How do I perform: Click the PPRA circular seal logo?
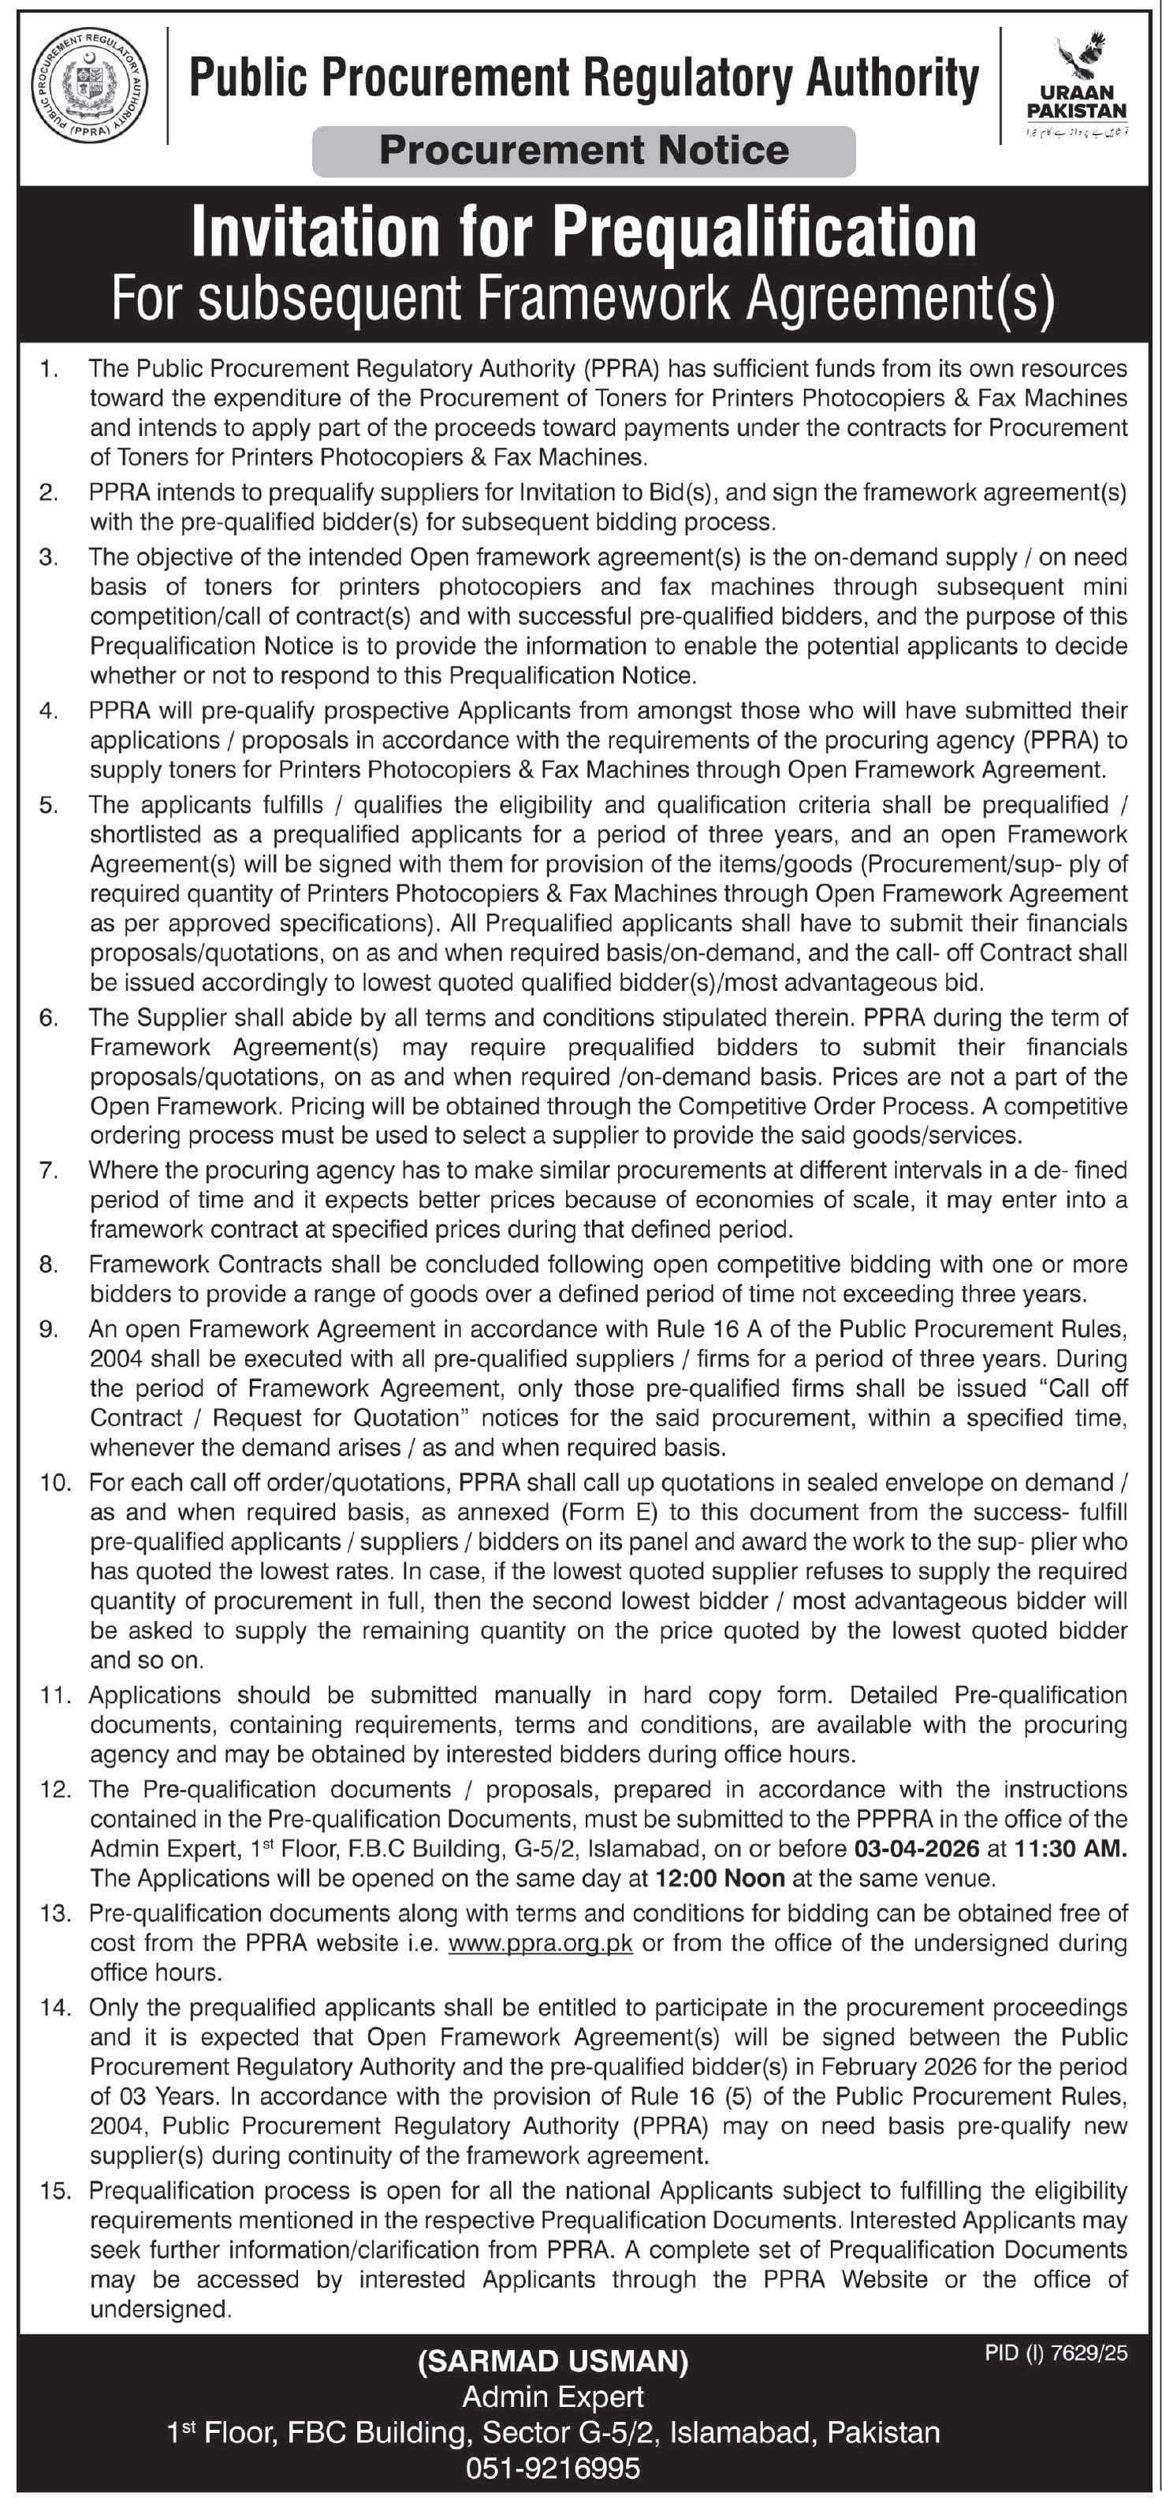[x=90, y=87]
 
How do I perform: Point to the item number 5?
[x=49, y=805]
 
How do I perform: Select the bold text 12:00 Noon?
[x=720, y=1877]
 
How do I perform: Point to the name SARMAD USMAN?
[x=553, y=2361]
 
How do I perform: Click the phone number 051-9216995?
[x=553, y=2468]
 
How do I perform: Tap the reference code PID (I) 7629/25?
[x=1056, y=2353]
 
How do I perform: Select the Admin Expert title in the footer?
[x=553, y=2396]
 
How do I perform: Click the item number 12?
[x=55, y=1790]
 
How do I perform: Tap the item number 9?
[x=49, y=1329]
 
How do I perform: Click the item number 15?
[x=55, y=2190]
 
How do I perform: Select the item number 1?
[x=49, y=368]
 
